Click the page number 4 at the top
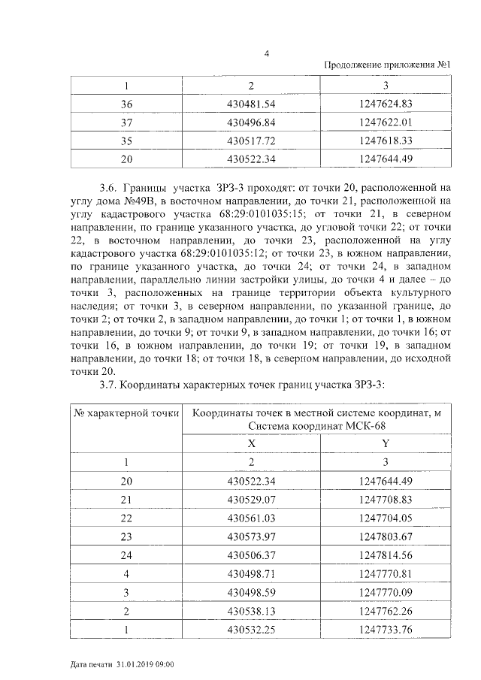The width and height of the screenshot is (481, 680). click(x=268, y=53)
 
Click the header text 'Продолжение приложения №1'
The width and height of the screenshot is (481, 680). click(x=386, y=65)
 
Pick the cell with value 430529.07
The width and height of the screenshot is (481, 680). click(x=251, y=500)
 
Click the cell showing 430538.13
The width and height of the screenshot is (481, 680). click(x=251, y=612)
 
